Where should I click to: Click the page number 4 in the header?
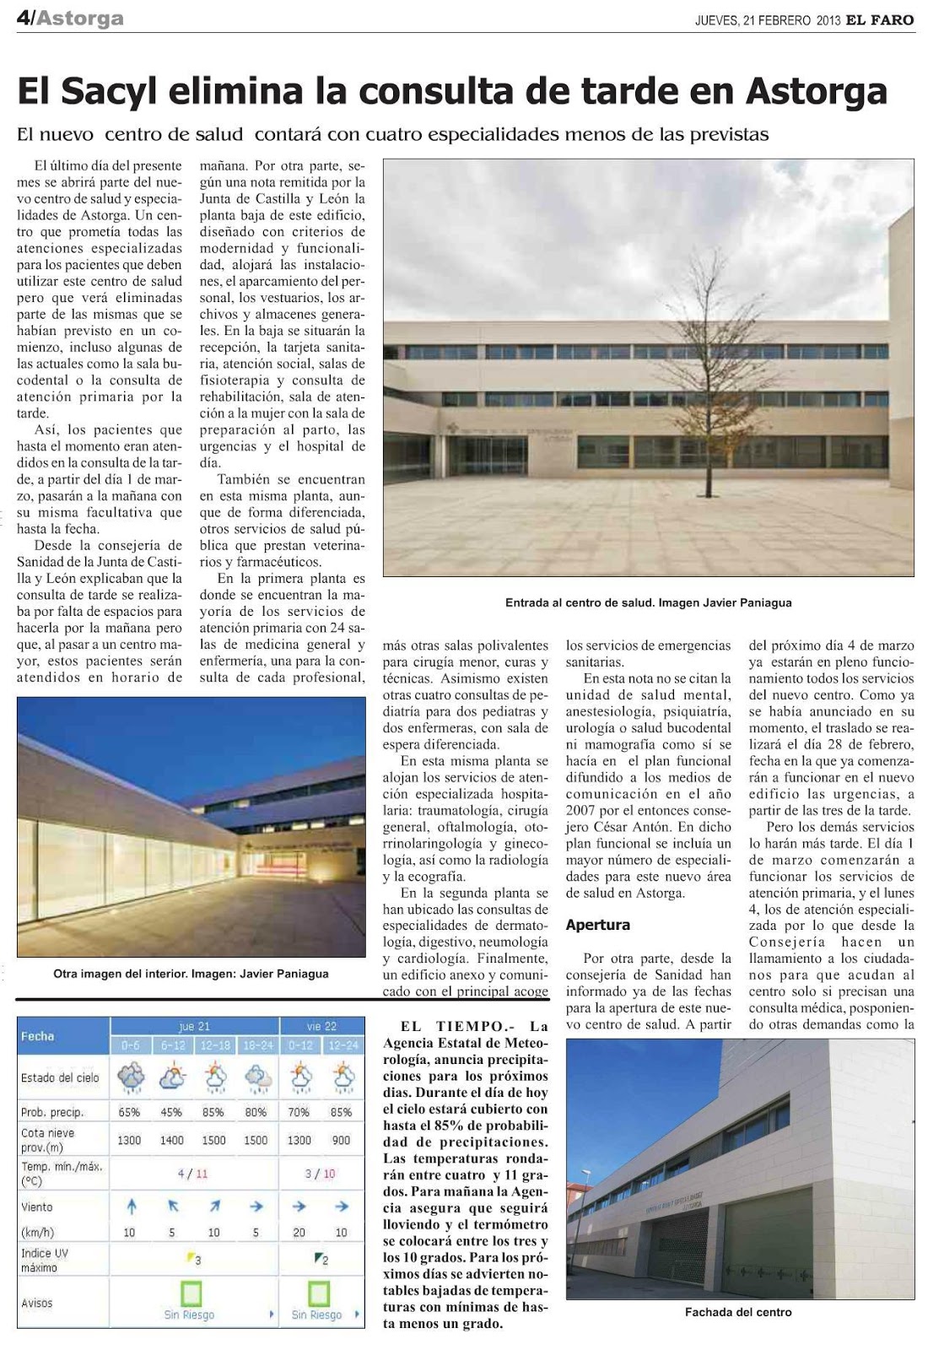[x=23, y=18]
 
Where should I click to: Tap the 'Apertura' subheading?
[x=598, y=925]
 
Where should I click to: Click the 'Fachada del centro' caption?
[x=738, y=1312]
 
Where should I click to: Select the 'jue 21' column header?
[x=195, y=1027]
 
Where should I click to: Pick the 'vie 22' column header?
[x=321, y=1027]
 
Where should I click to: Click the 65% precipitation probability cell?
[x=129, y=1112]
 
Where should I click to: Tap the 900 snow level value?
[x=341, y=1140]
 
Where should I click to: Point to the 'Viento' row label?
[x=37, y=1207]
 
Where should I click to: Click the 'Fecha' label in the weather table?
[x=37, y=1036]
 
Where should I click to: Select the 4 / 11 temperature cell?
[x=193, y=1174]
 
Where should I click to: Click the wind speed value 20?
[x=299, y=1233]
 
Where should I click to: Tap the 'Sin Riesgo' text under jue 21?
[x=189, y=1315]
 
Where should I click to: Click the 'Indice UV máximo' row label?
[x=46, y=1261]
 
